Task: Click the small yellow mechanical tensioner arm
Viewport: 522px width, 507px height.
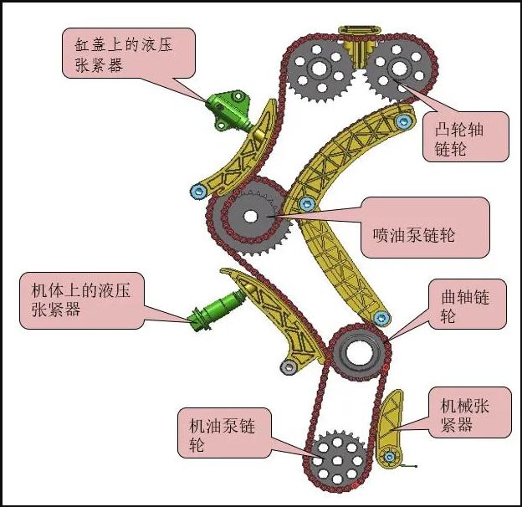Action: (x=390, y=427)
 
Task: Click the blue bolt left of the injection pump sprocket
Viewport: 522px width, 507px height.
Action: (x=198, y=192)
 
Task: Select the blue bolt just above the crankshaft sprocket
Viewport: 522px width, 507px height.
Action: (x=381, y=318)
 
